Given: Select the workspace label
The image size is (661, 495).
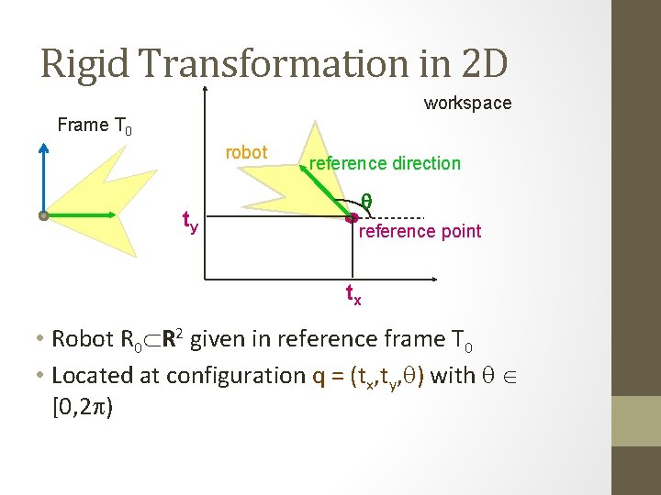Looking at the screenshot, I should pos(467,104).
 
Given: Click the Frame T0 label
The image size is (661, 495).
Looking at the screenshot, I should pos(95,126).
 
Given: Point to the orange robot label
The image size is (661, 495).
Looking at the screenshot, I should pos(246,152).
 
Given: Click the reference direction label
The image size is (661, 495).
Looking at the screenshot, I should pos(385,163).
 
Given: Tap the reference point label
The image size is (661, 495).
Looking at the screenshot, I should pos(419,231).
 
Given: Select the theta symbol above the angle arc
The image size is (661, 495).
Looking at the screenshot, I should pos(365,199).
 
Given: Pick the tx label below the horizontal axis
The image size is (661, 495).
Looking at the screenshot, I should pos(353,294).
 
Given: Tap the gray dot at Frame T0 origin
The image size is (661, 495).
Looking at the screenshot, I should pos(43,215).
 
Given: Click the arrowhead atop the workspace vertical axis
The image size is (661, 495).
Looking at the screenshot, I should pos(206,89).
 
